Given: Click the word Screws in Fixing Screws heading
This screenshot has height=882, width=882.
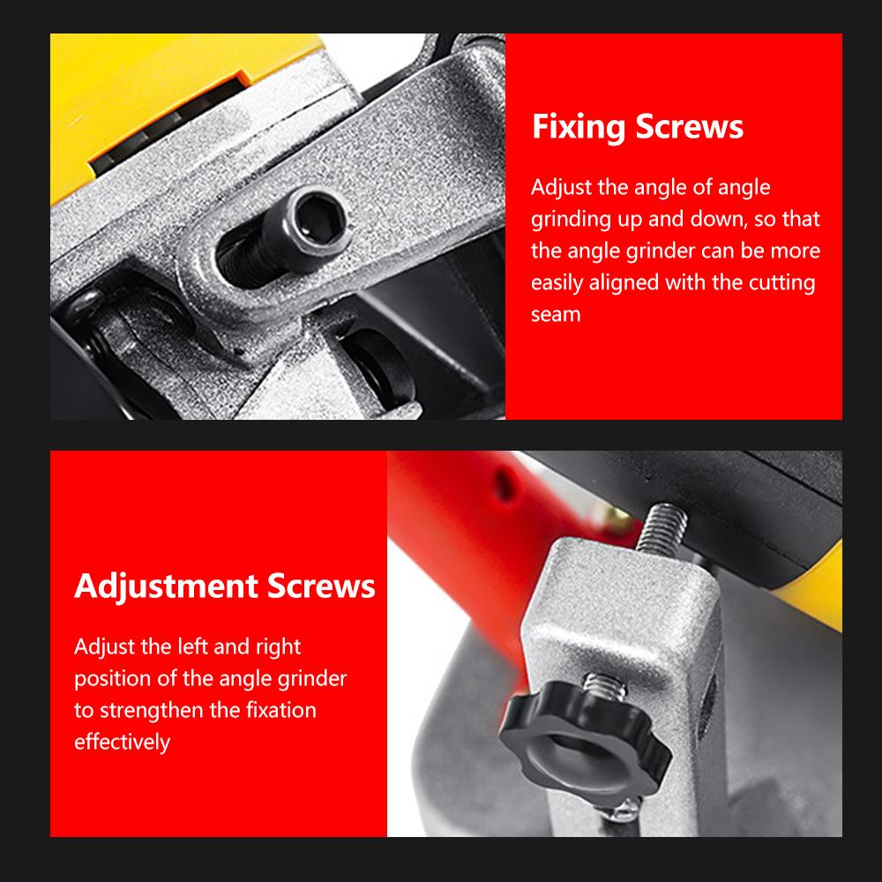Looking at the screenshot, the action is coord(689,126).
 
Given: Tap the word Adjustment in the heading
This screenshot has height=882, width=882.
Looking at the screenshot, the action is coord(166,587).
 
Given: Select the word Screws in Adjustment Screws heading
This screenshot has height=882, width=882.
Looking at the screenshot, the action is coord(321,587).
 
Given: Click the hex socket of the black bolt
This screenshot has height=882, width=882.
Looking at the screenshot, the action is coord(319,220).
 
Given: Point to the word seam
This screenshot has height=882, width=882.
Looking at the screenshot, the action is coord(556,315).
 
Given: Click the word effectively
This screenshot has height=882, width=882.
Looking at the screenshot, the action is coord(122,742).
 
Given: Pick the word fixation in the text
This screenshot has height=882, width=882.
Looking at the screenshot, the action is coord(281,710).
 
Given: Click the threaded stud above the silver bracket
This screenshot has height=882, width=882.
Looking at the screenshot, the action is coord(664,527).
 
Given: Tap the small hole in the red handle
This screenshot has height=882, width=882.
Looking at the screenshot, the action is coord(505,485).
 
